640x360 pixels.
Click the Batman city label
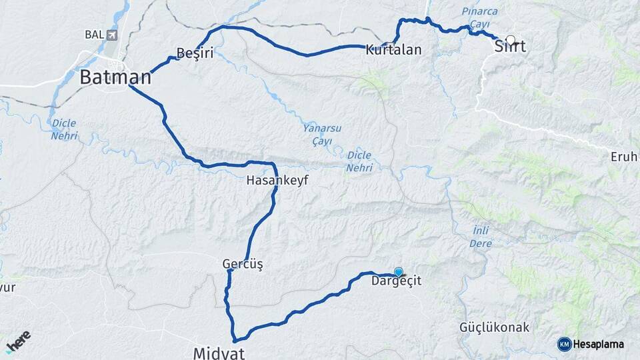(115, 77)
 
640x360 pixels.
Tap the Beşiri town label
(195, 53)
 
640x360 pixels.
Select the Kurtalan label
(393, 49)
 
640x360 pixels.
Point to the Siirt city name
(510, 47)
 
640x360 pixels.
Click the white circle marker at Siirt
(511, 40)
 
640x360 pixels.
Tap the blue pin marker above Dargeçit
(399, 271)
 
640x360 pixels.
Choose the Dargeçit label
(397, 282)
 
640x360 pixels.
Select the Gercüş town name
(243, 265)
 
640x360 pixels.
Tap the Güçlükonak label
(494, 327)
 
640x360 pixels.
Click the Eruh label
(624, 157)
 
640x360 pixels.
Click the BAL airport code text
(93, 34)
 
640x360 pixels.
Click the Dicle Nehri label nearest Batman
(64, 129)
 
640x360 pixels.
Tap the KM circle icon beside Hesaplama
(564, 344)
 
